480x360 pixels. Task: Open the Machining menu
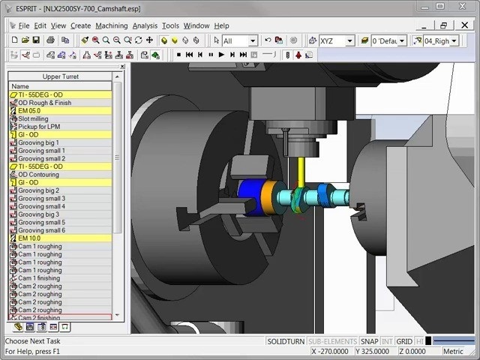(111, 25)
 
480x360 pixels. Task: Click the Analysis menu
(145, 25)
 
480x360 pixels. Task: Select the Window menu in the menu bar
(196, 25)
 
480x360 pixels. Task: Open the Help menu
(221, 25)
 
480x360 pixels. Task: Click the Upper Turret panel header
(60, 76)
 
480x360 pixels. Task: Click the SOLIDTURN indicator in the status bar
(285, 341)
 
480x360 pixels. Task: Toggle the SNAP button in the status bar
(368, 341)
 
